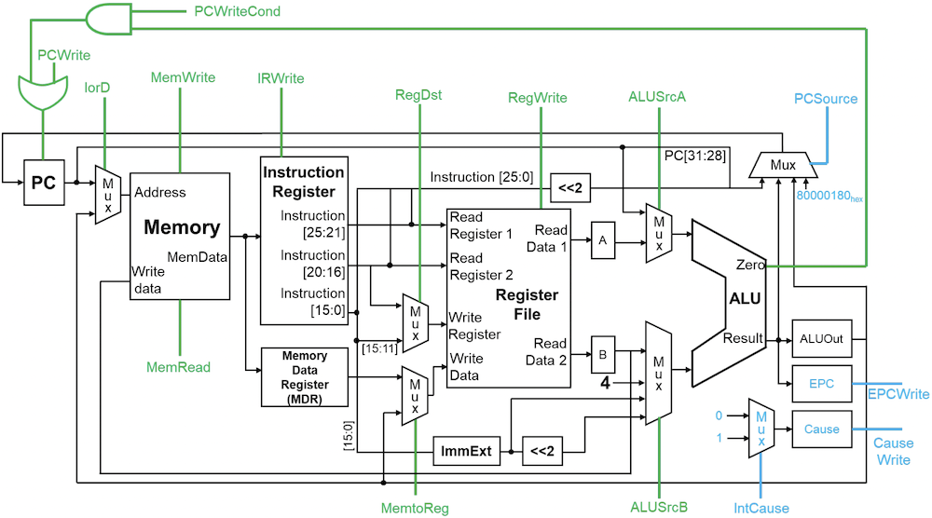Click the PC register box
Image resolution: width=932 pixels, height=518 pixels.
click(44, 183)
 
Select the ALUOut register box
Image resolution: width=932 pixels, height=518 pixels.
click(820, 339)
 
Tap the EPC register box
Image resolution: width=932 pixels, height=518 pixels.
click(820, 383)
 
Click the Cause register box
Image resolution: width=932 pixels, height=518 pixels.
click(820, 429)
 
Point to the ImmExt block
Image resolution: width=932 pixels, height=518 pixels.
click(465, 452)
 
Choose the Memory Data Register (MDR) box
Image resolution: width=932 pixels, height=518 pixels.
click(305, 376)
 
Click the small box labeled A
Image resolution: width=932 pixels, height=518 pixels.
click(603, 240)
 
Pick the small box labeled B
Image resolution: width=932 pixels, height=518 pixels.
click(603, 354)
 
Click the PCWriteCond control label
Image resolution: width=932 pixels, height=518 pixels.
click(238, 11)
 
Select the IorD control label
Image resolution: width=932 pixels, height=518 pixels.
click(97, 88)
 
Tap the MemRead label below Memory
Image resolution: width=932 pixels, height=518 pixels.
click(178, 367)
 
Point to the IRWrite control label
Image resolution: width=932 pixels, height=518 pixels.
click(281, 78)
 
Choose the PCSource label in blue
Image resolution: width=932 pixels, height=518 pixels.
click(826, 99)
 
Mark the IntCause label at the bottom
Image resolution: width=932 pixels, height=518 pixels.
click(761, 508)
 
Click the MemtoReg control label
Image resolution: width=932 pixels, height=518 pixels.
click(415, 508)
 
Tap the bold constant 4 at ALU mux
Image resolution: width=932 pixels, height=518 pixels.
click(605, 381)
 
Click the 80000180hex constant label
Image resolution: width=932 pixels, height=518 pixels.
click(830, 197)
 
